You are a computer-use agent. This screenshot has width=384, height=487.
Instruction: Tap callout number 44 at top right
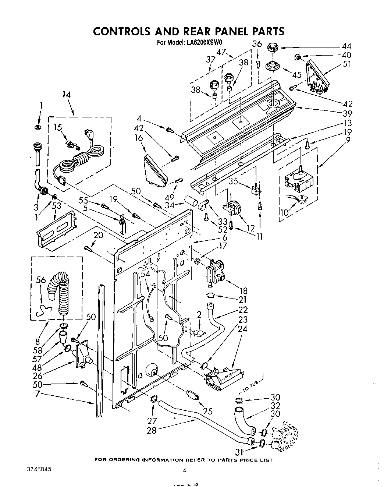(x=346, y=46)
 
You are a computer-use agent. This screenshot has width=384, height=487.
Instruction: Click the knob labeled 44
(x=273, y=47)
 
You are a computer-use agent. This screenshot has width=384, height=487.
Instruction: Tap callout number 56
(x=41, y=280)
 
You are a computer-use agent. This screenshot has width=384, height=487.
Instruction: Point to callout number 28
(x=152, y=430)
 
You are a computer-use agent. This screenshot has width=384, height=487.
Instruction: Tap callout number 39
(x=346, y=113)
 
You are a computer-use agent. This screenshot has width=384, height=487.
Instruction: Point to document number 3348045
(x=39, y=469)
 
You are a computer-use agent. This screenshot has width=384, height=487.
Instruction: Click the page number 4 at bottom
(x=184, y=470)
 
